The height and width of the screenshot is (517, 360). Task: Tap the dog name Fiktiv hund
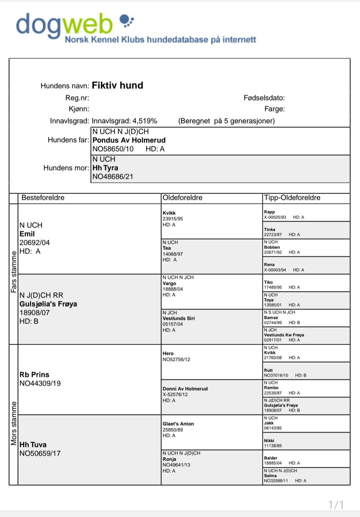tap(117, 86)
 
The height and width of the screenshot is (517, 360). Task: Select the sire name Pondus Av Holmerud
tap(129, 140)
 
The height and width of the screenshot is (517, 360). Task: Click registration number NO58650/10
tap(113, 149)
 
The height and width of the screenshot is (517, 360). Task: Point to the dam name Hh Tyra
tap(105, 168)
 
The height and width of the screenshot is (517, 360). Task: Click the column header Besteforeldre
tap(43, 198)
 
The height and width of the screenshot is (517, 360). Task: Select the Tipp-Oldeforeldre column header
tap(292, 198)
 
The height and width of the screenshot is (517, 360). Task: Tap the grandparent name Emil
tap(27, 234)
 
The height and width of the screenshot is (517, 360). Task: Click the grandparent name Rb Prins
tap(34, 374)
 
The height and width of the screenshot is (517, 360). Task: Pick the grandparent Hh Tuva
tap(33, 445)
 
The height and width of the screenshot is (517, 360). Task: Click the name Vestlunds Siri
tap(178, 319)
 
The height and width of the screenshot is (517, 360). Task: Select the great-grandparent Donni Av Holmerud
tap(185, 389)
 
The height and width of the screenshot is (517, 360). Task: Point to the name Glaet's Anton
tap(178, 424)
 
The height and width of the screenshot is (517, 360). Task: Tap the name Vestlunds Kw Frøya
tap(284, 335)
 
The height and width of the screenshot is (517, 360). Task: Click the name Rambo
tap(271, 388)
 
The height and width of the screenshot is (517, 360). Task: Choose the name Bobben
tap(272, 247)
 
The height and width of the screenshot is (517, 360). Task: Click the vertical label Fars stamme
tap(14, 272)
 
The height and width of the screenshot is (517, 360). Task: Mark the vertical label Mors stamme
tap(14, 423)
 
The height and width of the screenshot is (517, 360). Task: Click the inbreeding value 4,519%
tap(145, 121)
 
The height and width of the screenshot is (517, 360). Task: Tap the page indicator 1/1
tap(336, 505)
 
